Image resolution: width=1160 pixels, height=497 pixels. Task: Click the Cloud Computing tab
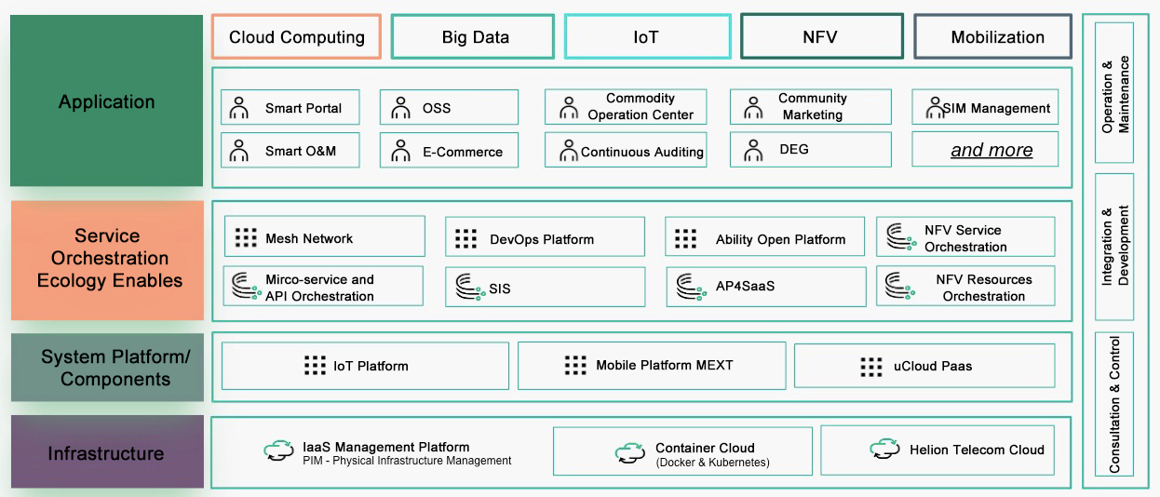[x=296, y=37]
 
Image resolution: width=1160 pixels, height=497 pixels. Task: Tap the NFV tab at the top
[x=821, y=37]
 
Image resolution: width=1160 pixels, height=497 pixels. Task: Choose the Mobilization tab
[x=996, y=37]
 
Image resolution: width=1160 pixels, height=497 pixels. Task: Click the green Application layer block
[x=106, y=101]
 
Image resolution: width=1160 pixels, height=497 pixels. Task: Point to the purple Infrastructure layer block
[x=106, y=453]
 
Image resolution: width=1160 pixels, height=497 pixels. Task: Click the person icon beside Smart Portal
[x=239, y=108]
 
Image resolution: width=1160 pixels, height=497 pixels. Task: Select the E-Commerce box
[x=449, y=151]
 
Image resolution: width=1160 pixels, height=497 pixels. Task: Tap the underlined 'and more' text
[x=991, y=150]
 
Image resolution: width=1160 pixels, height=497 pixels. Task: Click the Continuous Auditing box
[x=626, y=151]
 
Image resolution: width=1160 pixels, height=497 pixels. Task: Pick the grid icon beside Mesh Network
[x=246, y=238]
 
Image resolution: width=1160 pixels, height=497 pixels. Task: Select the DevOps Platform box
[x=545, y=238]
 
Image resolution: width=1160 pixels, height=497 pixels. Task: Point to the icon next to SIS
[x=466, y=288]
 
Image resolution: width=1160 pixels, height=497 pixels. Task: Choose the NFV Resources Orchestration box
[x=965, y=287]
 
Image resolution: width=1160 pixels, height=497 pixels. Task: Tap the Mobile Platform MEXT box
[x=652, y=366]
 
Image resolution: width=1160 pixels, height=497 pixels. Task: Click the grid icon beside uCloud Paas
[x=871, y=367]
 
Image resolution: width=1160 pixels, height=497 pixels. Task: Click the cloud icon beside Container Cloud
[x=630, y=453]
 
